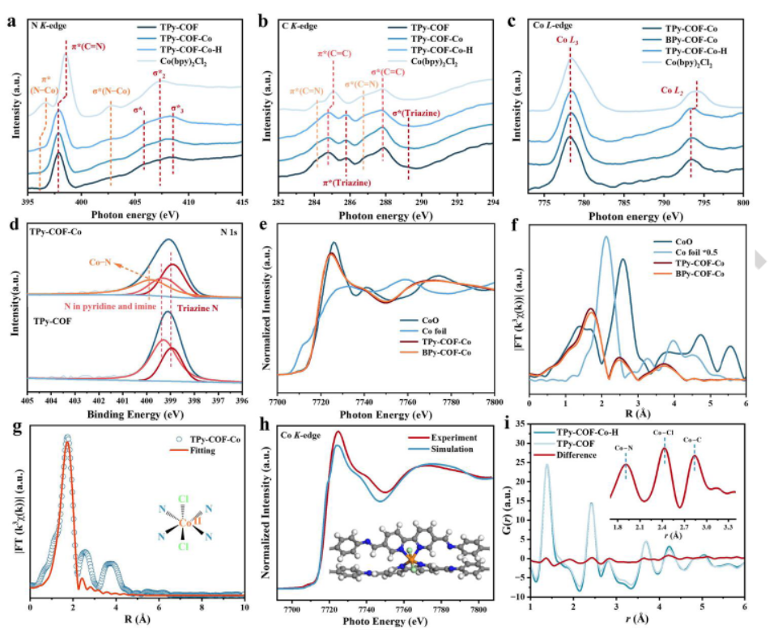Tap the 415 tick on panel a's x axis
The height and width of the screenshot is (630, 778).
point(241,202)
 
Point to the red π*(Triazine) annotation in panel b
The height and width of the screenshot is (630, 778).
point(347,184)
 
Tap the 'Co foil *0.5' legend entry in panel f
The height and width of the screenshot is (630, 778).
point(693,252)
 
